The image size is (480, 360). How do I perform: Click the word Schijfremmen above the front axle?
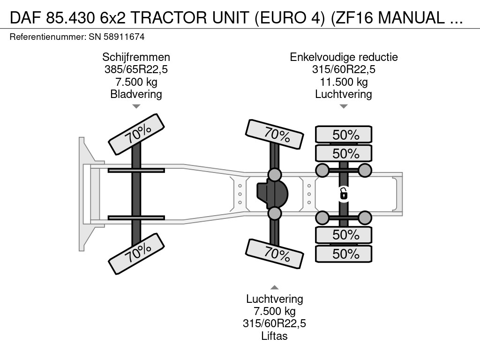(x=136, y=57)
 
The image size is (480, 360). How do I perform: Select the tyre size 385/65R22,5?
(x=136, y=70)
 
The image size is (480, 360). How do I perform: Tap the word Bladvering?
(x=136, y=94)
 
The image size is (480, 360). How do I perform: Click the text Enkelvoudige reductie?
(x=344, y=57)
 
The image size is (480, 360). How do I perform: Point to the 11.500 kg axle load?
(x=344, y=82)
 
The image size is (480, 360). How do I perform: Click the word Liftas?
(x=275, y=336)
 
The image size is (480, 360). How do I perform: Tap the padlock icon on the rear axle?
(x=344, y=193)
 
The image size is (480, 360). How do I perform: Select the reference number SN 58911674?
(x=116, y=37)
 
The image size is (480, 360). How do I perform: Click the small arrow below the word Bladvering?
(x=136, y=106)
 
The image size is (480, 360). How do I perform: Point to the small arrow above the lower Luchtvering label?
(x=275, y=287)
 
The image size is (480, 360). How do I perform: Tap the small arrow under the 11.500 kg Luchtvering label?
(x=344, y=106)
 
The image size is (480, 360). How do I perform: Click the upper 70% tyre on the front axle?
(x=136, y=135)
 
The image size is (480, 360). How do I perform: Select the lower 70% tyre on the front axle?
(x=136, y=255)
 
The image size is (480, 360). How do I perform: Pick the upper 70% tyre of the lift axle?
(x=275, y=134)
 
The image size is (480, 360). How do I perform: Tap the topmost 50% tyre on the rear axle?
(x=344, y=135)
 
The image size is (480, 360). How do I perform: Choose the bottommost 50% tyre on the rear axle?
(x=344, y=254)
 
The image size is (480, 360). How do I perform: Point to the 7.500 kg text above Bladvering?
(x=136, y=82)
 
